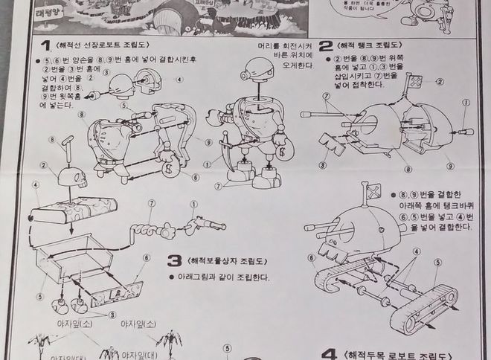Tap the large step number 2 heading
tap(324, 46)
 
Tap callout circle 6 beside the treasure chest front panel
tap(147, 257)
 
